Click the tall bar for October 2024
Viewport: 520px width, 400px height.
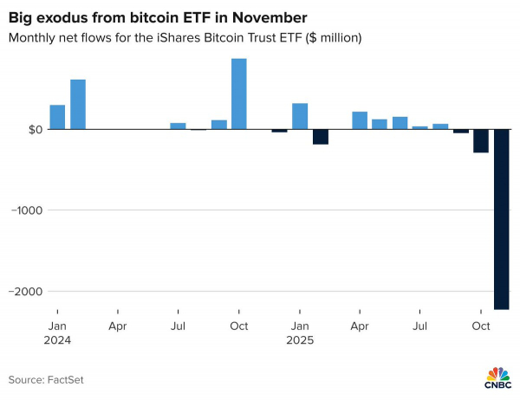pos(238,94)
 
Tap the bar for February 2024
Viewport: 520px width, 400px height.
pos(78,104)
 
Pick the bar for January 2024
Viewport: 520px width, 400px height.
pos(57,117)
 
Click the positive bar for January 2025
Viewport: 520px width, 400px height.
pos(300,116)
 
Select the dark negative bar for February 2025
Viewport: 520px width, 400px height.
pos(320,137)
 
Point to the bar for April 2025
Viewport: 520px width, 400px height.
pos(360,120)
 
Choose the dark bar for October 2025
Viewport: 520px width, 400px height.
pos(481,141)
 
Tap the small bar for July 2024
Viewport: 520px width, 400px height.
pos(178,126)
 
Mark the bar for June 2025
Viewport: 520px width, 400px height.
pos(400,123)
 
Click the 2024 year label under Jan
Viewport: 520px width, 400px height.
pos(57,340)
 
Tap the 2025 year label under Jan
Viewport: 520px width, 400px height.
pos(300,340)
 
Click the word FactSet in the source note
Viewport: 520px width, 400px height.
pos(66,379)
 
